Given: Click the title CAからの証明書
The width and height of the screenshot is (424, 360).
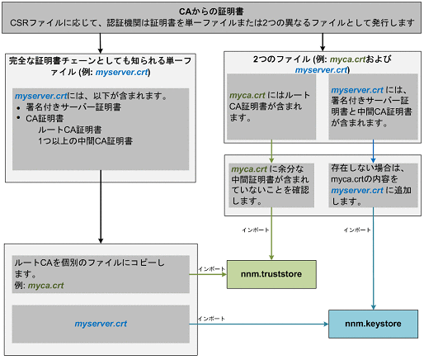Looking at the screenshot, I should [211, 10].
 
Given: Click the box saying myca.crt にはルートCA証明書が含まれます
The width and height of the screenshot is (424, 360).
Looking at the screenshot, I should [273, 106].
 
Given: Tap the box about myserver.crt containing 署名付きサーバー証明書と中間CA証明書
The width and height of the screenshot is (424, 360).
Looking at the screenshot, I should [368, 106].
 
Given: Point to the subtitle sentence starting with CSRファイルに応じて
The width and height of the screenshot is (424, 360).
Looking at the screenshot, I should [211, 23].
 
